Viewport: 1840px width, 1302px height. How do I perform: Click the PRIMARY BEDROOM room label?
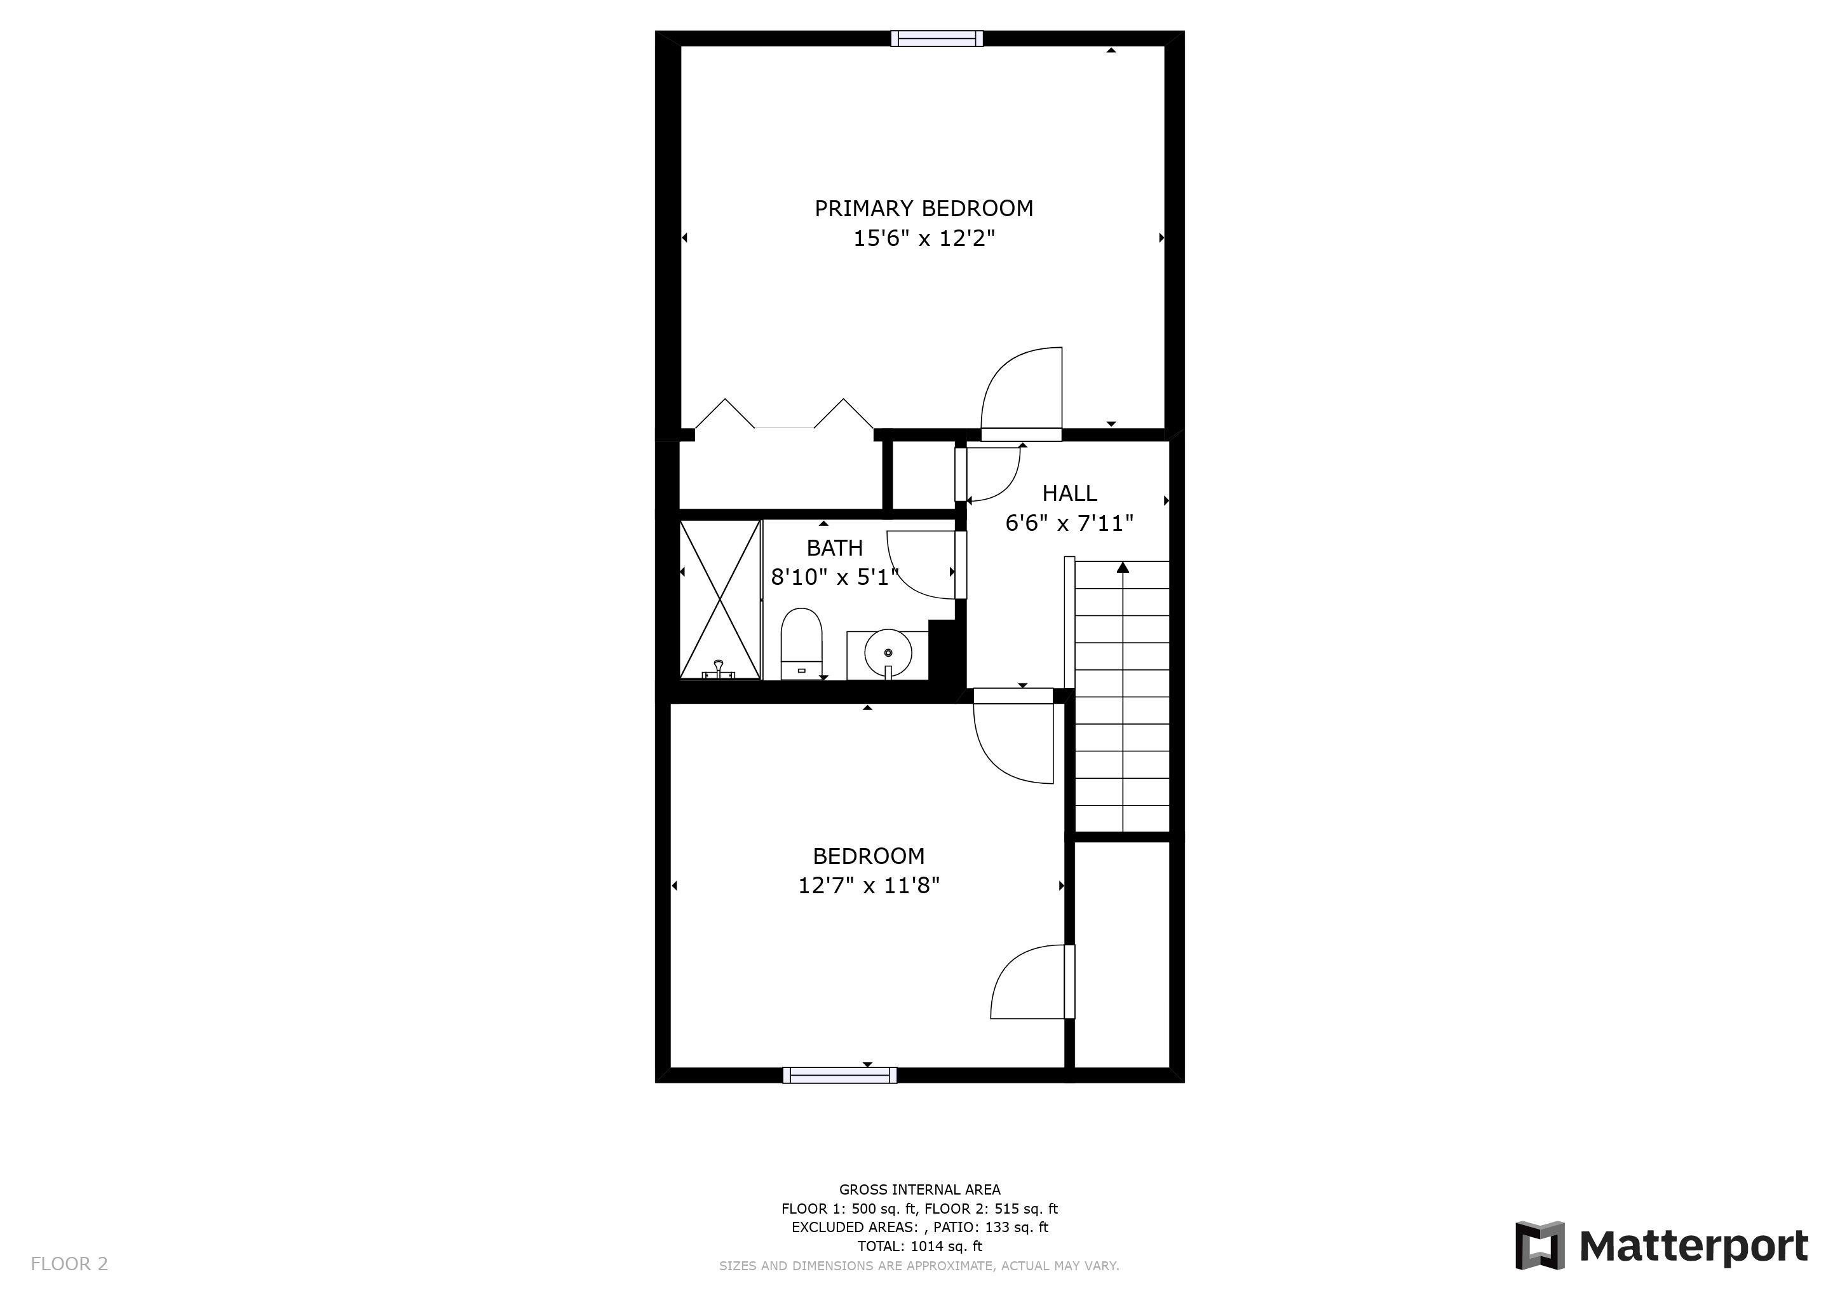tap(923, 209)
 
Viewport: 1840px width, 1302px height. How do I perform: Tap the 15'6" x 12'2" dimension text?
tap(923, 238)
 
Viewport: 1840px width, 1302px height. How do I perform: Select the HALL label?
tap(1069, 493)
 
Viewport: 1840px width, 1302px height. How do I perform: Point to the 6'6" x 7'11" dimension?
tap(1069, 523)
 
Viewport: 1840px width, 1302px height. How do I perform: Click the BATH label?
tap(834, 547)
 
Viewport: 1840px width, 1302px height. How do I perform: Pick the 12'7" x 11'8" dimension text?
tap(869, 885)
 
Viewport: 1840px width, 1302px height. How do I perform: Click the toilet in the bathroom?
tap(801, 644)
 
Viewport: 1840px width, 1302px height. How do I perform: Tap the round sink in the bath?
tap(888, 654)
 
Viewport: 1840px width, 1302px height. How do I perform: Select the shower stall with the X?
tap(720, 599)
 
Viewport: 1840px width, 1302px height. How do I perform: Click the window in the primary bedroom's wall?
tap(937, 39)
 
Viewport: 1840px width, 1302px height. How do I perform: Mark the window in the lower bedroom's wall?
tap(840, 1075)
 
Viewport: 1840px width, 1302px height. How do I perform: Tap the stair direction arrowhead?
tap(1123, 568)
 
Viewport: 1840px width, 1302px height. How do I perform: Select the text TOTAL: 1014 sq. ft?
tap(919, 1246)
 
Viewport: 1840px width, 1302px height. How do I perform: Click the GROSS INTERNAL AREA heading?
tap(919, 1189)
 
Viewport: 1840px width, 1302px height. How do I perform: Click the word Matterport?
tap(1693, 1247)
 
